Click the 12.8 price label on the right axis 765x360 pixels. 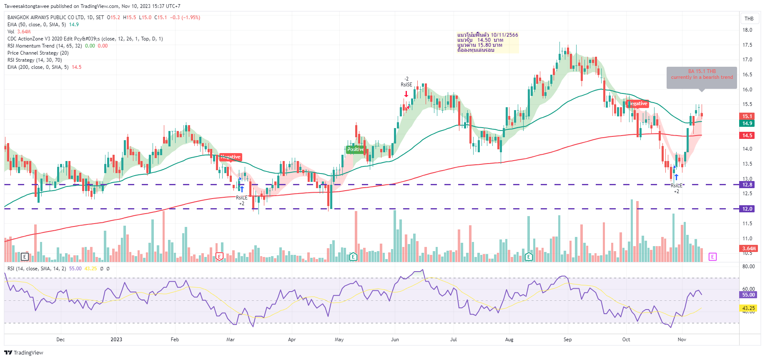pyautogui.click(x=747, y=184)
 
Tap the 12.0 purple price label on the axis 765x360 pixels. pyautogui.click(x=747, y=209)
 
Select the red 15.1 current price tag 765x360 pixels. pyautogui.click(x=747, y=116)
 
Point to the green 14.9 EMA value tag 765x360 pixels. pyautogui.click(x=747, y=123)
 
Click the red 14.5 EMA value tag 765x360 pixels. pyautogui.click(x=747, y=135)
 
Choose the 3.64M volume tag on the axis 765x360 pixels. pyautogui.click(x=749, y=249)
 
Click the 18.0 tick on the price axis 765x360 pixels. pyautogui.click(x=747, y=30)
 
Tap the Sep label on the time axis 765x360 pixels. pyautogui.click(x=567, y=340)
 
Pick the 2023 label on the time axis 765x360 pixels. pyautogui.click(x=116, y=340)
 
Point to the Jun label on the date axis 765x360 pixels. pyautogui.click(x=395, y=340)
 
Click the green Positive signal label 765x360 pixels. pyautogui.click(x=355, y=149)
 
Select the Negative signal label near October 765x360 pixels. pyautogui.click(x=637, y=103)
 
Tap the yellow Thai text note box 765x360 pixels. pyautogui.click(x=487, y=43)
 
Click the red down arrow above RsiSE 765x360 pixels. pyautogui.click(x=406, y=94)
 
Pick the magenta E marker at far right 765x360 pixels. pyautogui.click(x=712, y=257)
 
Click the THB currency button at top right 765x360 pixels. pyautogui.click(x=749, y=18)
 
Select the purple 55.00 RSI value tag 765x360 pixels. pyautogui.click(x=748, y=295)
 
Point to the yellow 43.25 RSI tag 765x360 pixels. pyautogui.click(x=748, y=308)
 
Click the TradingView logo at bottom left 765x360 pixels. pyautogui.click(x=24, y=352)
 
